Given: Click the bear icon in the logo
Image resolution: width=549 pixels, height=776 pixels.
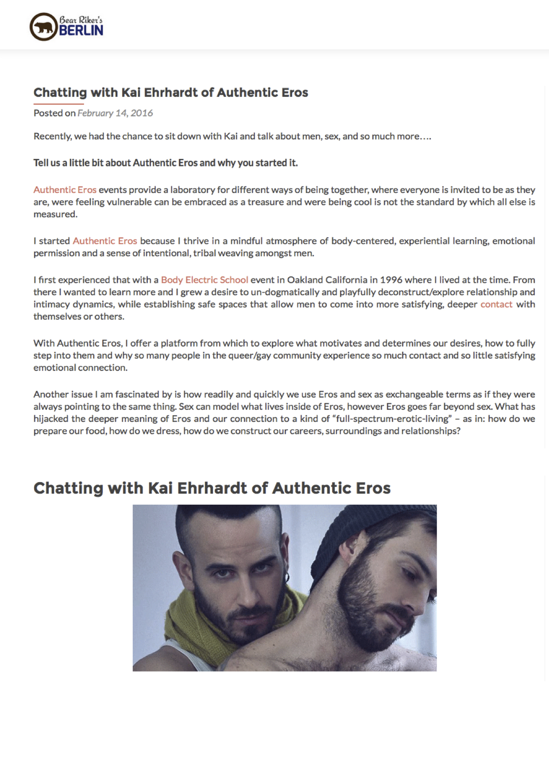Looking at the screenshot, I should click(x=43, y=27).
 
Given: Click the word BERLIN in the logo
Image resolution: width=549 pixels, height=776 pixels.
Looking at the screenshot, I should click(x=81, y=30).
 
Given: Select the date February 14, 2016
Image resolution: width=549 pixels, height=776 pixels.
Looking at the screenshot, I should click(x=115, y=113).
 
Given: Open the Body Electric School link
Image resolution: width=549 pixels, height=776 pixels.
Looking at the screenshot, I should click(x=205, y=280).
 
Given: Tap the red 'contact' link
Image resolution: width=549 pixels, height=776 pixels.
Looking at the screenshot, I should click(x=496, y=304).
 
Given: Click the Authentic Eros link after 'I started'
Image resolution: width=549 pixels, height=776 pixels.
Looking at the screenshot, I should click(x=105, y=241).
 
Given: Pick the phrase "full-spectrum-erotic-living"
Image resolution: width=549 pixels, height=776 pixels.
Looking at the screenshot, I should click(x=392, y=419).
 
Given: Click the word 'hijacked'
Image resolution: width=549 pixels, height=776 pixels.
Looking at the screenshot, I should click(x=51, y=419).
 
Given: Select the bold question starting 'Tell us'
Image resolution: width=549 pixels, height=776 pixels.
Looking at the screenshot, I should click(x=166, y=163).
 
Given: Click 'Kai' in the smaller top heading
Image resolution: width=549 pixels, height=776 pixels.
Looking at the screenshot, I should click(x=131, y=93).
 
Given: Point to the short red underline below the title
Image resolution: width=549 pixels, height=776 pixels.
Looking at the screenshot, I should click(x=58, y=104).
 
